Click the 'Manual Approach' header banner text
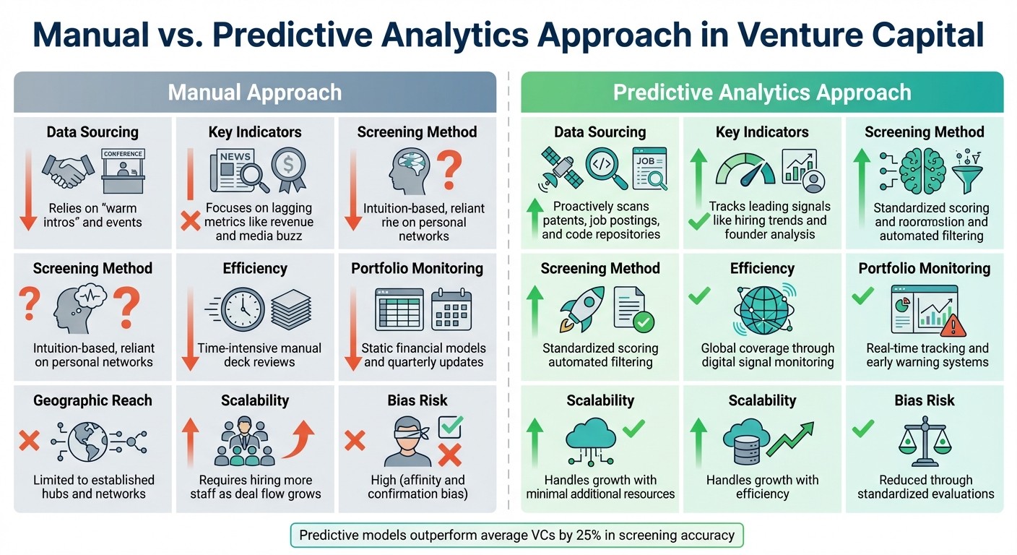pyautogui.click(x=254, y=92)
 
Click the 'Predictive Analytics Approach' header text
pyautogui.click(x=762, y=92)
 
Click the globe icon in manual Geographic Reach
pyautogui.click(x=88, y=441)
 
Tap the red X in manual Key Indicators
pyautogui.click(x=190, y=220)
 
